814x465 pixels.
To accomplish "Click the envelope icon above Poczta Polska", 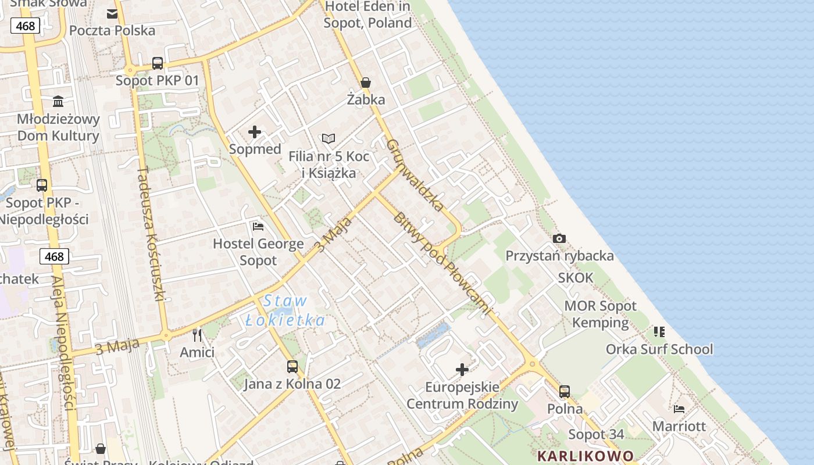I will click(112, 13).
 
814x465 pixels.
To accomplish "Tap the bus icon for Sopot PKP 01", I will click(158, 63).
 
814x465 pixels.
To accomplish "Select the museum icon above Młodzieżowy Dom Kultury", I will click(58, 102).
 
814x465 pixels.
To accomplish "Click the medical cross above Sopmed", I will click(255, 132).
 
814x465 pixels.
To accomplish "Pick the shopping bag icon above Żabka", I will click(366, 83).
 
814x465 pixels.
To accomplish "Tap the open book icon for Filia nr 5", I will click(329, 139).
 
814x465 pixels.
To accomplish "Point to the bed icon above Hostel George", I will click(258, 226).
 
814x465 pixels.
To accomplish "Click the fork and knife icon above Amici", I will click(197, 335).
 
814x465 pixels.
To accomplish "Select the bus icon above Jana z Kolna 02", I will click(292, 367).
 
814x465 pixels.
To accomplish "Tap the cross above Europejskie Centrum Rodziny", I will click(462, 370).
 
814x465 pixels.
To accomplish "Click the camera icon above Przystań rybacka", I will click(559, 238).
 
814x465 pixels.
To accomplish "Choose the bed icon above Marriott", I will click(679, 409).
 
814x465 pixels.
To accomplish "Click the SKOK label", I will click(576, 278).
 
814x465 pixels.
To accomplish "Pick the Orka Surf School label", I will click(659, 349).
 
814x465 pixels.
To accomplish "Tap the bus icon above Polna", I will click(565, 392).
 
